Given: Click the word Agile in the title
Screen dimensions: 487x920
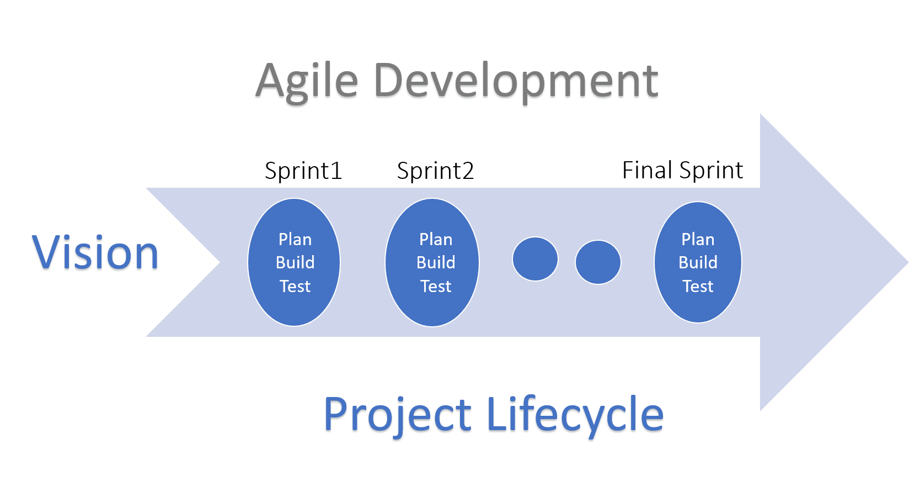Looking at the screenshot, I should tap(307, 81).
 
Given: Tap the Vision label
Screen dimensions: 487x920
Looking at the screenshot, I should tap(95, 253).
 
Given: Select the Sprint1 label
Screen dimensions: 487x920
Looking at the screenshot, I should tap(303, 171).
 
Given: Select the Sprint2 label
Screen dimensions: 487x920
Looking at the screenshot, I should tap(435, 171).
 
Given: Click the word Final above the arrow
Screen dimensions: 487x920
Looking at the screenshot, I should tap(647, 170).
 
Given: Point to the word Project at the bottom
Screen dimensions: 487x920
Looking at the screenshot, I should tap(397, 415).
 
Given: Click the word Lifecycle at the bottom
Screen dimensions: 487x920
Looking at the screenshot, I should tap(575, 415).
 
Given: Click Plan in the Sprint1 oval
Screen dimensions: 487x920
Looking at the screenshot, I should tap(295, 240).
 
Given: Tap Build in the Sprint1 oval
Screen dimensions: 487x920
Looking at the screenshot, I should tap(295, 262).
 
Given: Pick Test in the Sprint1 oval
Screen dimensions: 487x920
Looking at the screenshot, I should tap(295, 286).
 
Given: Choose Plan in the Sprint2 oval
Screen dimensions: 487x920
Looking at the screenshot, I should tap(436, 240).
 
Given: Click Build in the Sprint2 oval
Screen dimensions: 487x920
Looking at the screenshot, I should tap(436, 262).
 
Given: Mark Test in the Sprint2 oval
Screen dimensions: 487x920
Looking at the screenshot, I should tap(436, 286).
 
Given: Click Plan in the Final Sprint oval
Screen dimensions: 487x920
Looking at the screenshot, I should tap(698, 240).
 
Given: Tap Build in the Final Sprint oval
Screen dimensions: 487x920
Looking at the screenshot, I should tap(698, 262).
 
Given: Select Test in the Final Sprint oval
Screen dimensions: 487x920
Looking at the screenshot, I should tap(698, 286).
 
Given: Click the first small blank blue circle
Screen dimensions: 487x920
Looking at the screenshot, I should tap(535, 259).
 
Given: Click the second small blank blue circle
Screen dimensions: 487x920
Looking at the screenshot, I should tap(598, 262).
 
